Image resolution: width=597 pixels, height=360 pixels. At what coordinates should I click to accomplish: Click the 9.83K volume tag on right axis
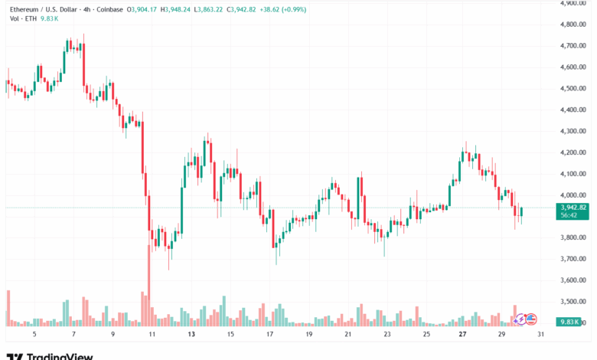click(573, 322)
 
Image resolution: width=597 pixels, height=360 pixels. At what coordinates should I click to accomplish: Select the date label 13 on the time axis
click(192, 335)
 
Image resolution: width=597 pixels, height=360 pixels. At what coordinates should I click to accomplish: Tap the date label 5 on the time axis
click(34, 335)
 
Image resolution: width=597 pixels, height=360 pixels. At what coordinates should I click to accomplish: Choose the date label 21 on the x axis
click(348, 335)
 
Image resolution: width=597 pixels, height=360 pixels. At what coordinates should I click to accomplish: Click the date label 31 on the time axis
click(542, 335)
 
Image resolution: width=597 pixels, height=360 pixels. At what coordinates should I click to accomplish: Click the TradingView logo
click(50, 355)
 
